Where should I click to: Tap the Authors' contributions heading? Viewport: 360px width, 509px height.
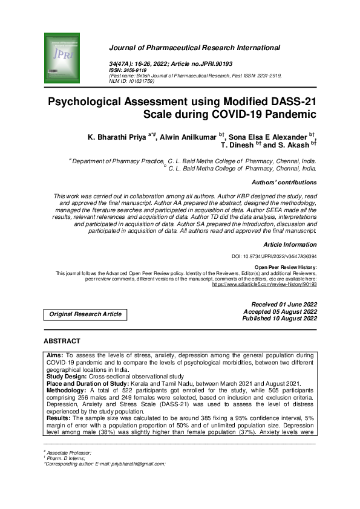coord(284,182)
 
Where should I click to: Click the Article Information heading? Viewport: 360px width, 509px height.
coord(290,244)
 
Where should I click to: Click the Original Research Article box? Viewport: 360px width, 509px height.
coord(85,314)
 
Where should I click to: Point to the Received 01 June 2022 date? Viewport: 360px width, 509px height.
coord(284,303)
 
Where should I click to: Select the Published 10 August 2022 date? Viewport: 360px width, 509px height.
coord(280,318)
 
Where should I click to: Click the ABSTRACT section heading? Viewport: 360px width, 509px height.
coord(62,342)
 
